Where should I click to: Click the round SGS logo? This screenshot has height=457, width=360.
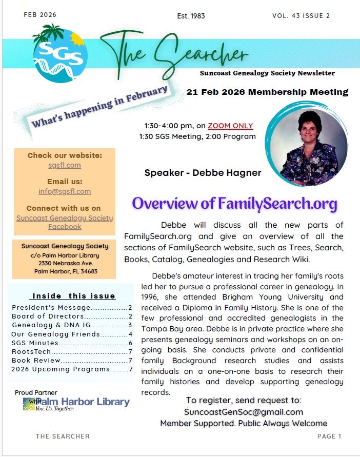click(x=59, y=55)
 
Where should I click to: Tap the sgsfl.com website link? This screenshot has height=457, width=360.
click(x=65, y=165)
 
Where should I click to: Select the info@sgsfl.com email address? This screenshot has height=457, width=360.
click(x=65, y=191)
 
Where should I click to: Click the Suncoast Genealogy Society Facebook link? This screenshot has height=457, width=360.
click(x=65, y=222)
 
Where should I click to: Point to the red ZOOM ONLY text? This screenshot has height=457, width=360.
click(x=230, y=126)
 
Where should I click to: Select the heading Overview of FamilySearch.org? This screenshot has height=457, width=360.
click(x=234, y=204)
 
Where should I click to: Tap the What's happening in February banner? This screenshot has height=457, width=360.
click(x=101, y=106)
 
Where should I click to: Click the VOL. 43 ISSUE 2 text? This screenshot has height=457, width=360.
click(x=301, y=15)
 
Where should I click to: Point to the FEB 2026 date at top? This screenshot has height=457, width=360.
click(x=40, y=14)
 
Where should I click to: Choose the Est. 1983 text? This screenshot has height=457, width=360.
click(x=190, y=16)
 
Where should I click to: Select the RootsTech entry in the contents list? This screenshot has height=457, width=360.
click(x=72, y=351)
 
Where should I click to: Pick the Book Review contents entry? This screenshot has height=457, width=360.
click(x=72, y=360)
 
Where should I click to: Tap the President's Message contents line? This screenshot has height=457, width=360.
click(x=72, y=308)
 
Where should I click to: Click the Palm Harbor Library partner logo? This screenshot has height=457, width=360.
click(x=77, y=403)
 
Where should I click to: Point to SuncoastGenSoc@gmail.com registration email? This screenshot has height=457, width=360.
click(x=244, y=412)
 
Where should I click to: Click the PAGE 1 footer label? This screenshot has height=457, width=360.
click(x=329, y=436)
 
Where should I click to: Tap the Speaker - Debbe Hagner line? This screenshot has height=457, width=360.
click(x=203, y=173)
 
